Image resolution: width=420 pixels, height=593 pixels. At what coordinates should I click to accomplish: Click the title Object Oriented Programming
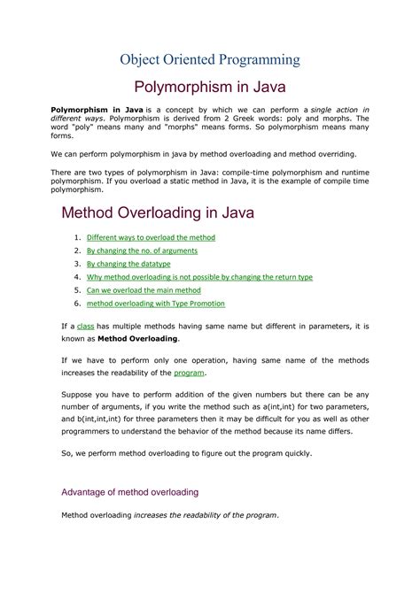(x=210, y=59)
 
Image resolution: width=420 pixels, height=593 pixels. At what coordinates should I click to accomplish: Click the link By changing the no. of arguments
(x=142, y=251)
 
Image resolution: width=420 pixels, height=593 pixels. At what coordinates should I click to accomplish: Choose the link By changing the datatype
(x=128, y=264)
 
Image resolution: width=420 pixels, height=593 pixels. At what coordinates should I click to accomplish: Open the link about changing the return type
(x=199, y=277)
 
